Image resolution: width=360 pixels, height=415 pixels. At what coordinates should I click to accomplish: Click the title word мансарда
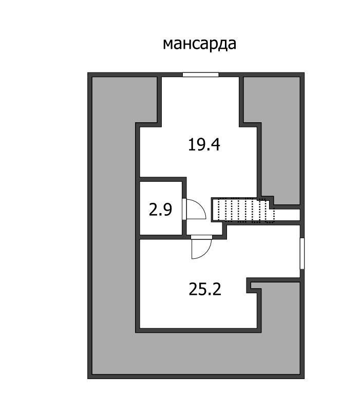(x=199, y=43)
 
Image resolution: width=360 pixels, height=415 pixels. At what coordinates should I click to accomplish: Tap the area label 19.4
(x=204, y=145)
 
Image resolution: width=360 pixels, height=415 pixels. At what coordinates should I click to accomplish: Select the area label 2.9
(x=160, y=210)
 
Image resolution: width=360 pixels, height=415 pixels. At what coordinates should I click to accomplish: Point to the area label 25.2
(x=204, y=290)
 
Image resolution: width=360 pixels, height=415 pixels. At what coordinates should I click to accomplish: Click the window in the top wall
(x=201, y=75)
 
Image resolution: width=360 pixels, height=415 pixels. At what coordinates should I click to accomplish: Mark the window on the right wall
(x=302, y=253)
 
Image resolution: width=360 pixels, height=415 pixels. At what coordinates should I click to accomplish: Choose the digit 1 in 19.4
(x=192, y=145)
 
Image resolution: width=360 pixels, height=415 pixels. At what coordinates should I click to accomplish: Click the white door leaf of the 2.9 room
(x=184, y=210)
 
